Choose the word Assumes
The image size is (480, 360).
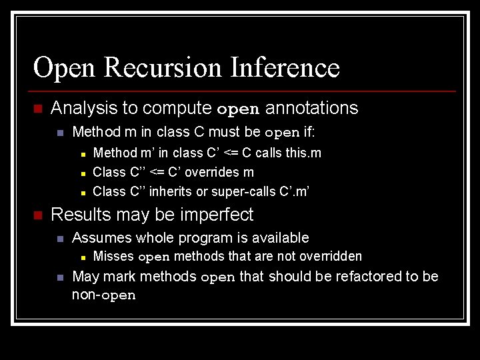(98, 237)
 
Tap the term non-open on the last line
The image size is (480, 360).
(103, 295)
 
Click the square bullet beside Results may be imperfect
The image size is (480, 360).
(38, 215)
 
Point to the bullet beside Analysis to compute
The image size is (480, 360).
(38, 109)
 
